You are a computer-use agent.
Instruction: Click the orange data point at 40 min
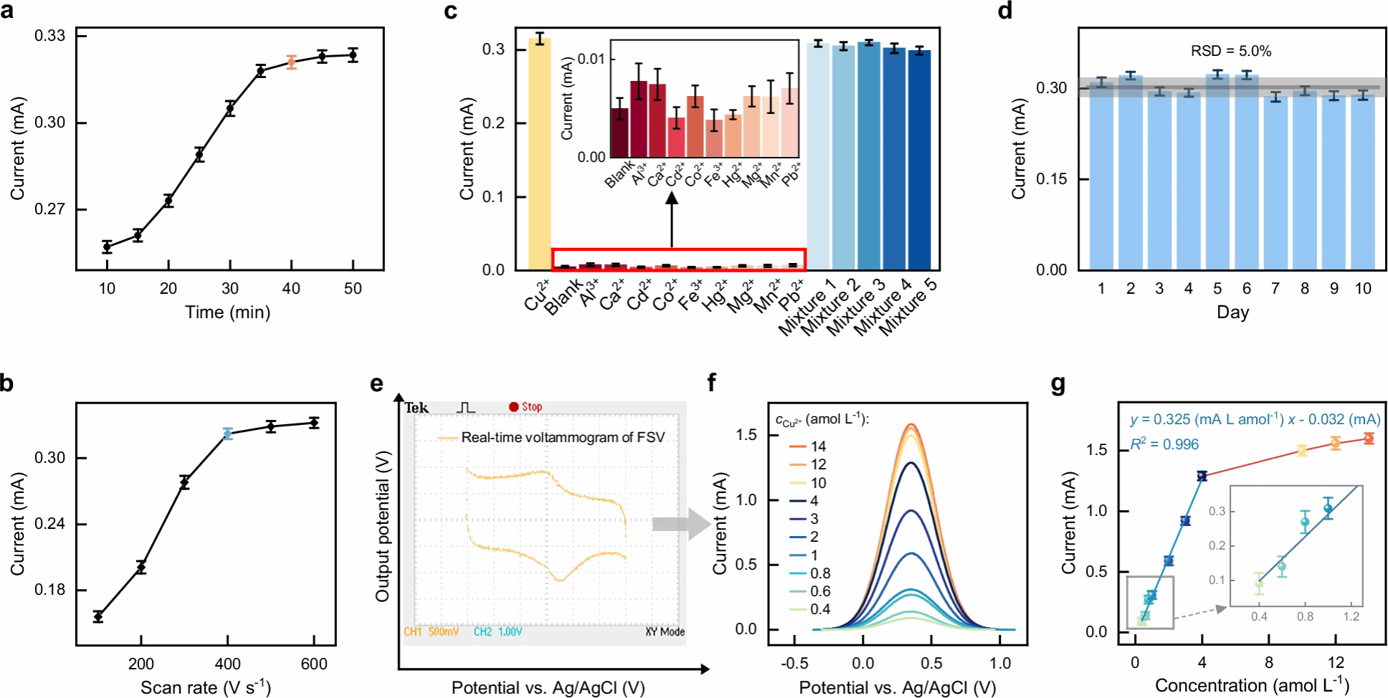coord(291,62)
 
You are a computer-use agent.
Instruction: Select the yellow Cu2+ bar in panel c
coord(539,154)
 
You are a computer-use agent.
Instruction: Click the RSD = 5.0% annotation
coord(1231,51)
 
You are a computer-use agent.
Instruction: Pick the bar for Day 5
coord(1217,172)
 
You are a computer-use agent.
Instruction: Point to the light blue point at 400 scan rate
coord(228,434)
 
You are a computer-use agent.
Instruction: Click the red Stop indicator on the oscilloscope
coord(513,407)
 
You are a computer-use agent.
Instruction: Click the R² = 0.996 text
coord(1164,444)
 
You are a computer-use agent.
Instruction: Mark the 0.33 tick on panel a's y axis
coord(49,36)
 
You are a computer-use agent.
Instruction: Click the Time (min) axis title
coord(227,312)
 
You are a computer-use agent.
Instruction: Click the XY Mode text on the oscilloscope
coord(665,631)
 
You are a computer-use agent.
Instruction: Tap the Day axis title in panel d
coord(1232,312)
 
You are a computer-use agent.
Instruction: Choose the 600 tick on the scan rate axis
coord(314,664)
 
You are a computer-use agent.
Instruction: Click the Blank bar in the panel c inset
coord(619,133)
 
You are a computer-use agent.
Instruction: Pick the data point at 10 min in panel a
coord(107,247)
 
